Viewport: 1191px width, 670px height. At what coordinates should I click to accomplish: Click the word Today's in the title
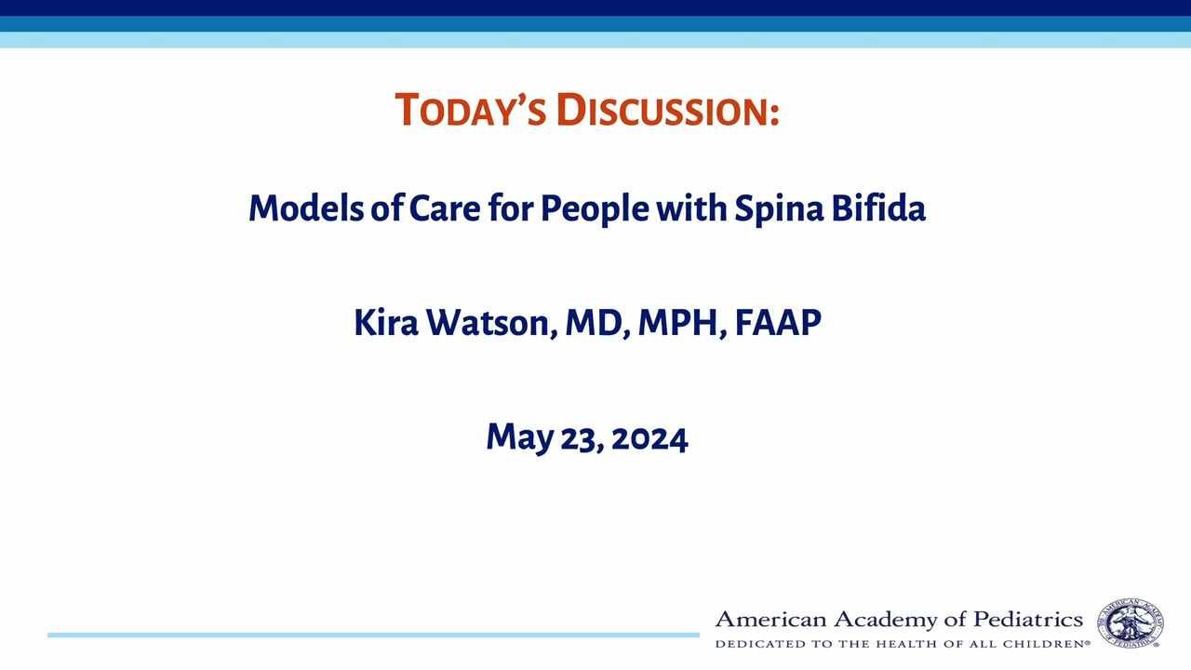pyautogui.click(x=471, y=110)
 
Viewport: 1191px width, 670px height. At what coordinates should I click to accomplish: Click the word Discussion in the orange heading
pyautogui.click(x=668, y=110)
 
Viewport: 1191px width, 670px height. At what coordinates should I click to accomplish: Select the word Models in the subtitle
pyautogui.click(x=306, y=208)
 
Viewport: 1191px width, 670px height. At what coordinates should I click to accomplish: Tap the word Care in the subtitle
pyautogui.click(x=445, y=208)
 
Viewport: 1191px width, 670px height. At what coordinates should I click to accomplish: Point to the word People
pyautogui.click(x=595, y=209)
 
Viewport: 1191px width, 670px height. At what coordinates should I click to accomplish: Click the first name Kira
pyautogui.click(x=385, y=322)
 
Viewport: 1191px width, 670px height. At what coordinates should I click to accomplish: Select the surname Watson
pyautogui.click(x=491, y=323)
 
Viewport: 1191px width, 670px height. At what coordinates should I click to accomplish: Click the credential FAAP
pyautogui.click(x=778, y=322)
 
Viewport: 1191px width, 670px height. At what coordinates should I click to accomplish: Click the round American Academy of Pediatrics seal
pyautogui.click(x=1131, y=623)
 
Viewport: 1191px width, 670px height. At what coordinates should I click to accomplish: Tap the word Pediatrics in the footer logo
pyautogui.click(x=1028, y=620)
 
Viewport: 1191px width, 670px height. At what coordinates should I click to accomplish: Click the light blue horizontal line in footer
pyautogui.click(x=373, y=635)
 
